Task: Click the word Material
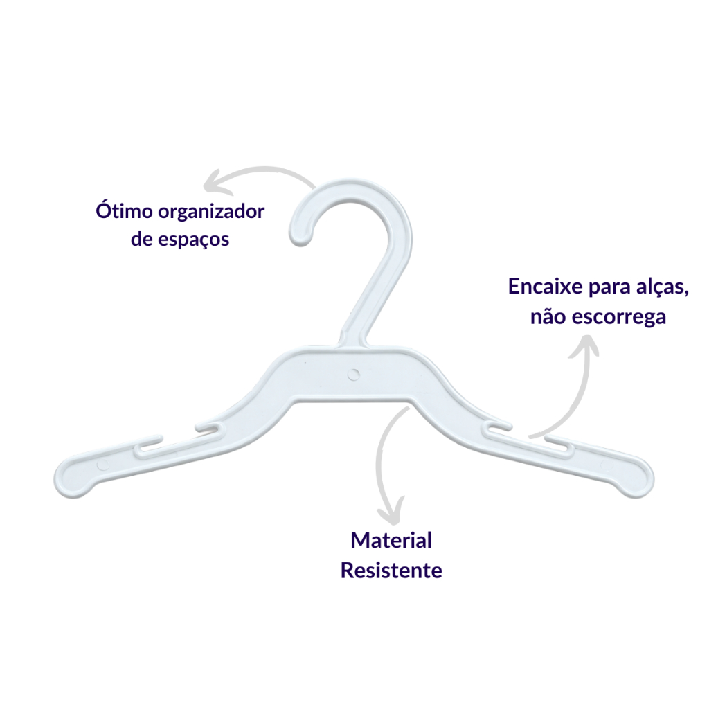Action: [391, 540]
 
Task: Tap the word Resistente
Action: [391, 571]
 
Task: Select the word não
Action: [547, 316]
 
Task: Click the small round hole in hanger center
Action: [354, 374]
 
